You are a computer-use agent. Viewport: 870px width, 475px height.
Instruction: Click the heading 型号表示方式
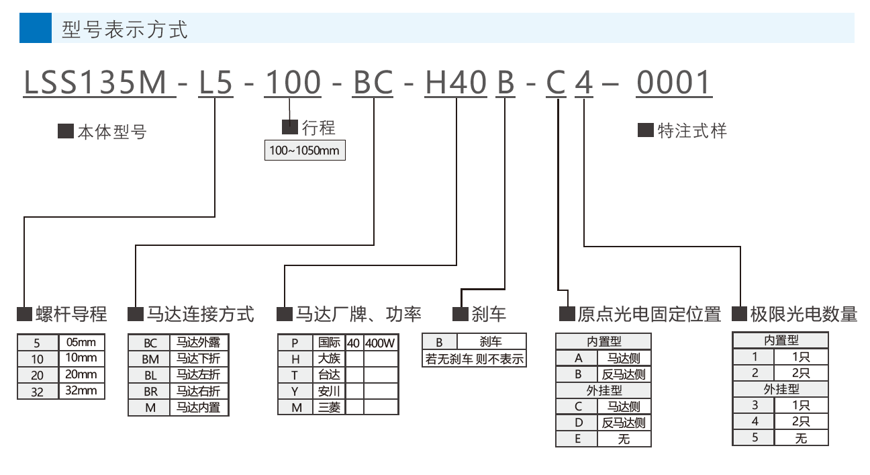(x=124, y=29)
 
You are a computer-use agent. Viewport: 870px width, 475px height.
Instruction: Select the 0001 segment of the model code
(x=673, y=83)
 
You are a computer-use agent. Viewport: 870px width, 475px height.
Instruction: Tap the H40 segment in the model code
(x=456, y=83)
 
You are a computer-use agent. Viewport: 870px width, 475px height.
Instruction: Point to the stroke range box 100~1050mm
(x=305, y=150)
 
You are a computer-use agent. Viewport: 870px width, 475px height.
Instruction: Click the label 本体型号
(x=111, y=132)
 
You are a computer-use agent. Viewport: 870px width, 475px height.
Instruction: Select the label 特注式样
(x=691, y=130)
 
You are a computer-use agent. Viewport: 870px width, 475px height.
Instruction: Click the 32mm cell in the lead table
(x=82, y=391)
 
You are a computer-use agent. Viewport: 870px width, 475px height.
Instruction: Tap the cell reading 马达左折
(x=198, y=375)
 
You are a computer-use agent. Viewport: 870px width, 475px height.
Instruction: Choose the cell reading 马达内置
(x=198, y=407)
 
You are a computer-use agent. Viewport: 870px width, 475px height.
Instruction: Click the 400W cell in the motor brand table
(x=380, y=343)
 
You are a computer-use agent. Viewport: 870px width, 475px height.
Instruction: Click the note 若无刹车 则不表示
(x=474, y=359)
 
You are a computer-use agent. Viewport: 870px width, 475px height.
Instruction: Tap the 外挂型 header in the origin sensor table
(x=603, y=390)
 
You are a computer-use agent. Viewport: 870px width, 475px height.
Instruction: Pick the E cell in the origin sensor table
(x=579, y=439)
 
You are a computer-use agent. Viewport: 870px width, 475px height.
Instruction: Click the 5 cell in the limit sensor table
(x=755, y=438)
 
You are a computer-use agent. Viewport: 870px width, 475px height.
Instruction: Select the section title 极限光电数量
(x=804, y=314)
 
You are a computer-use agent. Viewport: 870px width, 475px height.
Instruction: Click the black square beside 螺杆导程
(x=25, y=314)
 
